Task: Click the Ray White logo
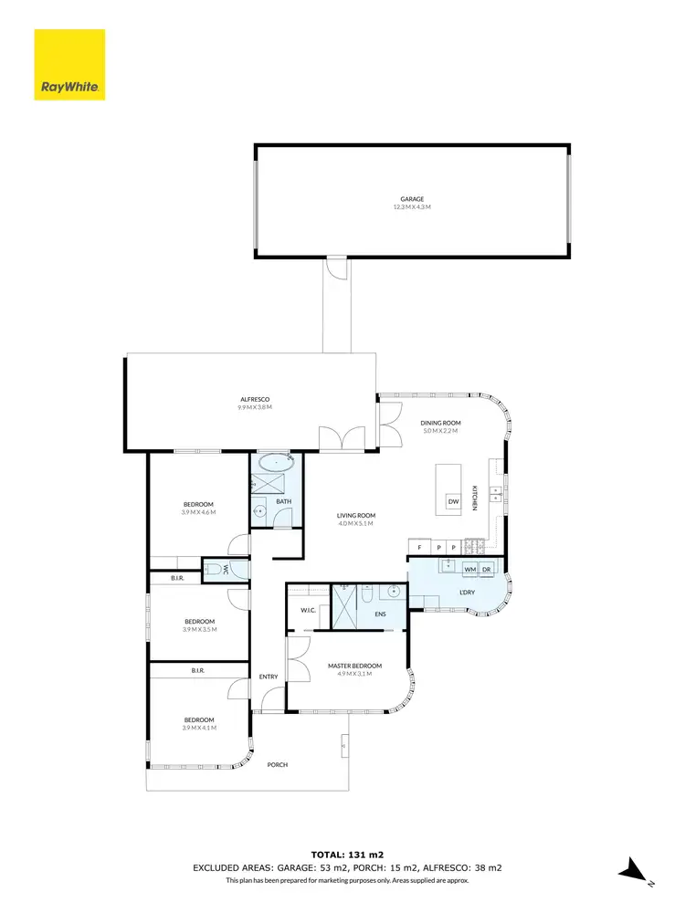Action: [x=69, y=65]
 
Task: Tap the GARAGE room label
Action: [x=412, y=199]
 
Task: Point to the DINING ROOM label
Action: [x=440, y=423]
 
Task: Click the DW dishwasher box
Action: [x=453, y=500]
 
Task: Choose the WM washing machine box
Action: [x=470, y=569]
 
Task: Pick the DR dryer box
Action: [x=488, y=569]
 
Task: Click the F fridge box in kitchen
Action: [x=419, y=547]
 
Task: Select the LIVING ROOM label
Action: [x=356, y=516]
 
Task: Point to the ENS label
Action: [x=380, y=614]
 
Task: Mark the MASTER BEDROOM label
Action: [x=354, y=666]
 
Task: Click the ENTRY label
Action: [x=269, y=677]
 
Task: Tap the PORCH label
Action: [x=277, y=765]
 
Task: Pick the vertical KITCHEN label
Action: [x=475, y=497]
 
